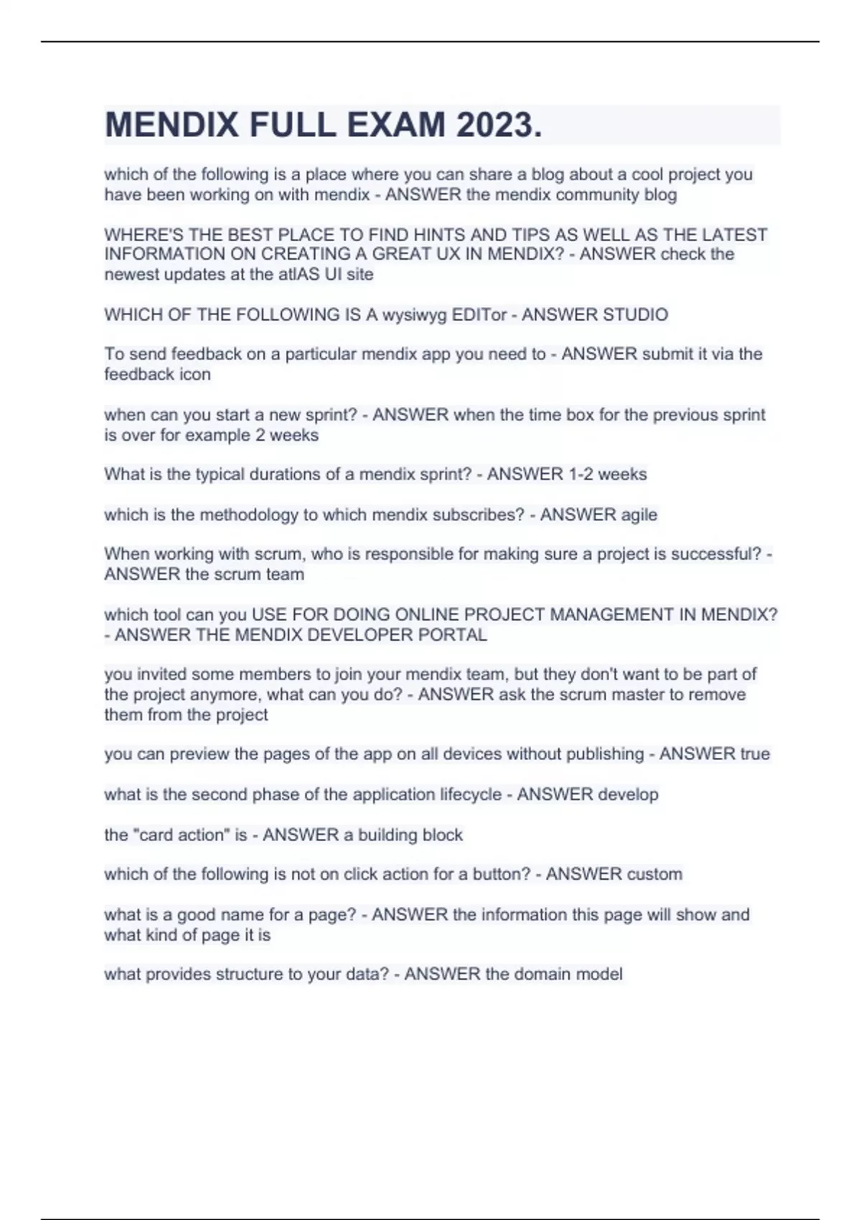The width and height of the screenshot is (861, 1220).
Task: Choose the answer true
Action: (753, 754)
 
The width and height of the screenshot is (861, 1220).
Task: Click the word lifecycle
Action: (468, 794)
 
